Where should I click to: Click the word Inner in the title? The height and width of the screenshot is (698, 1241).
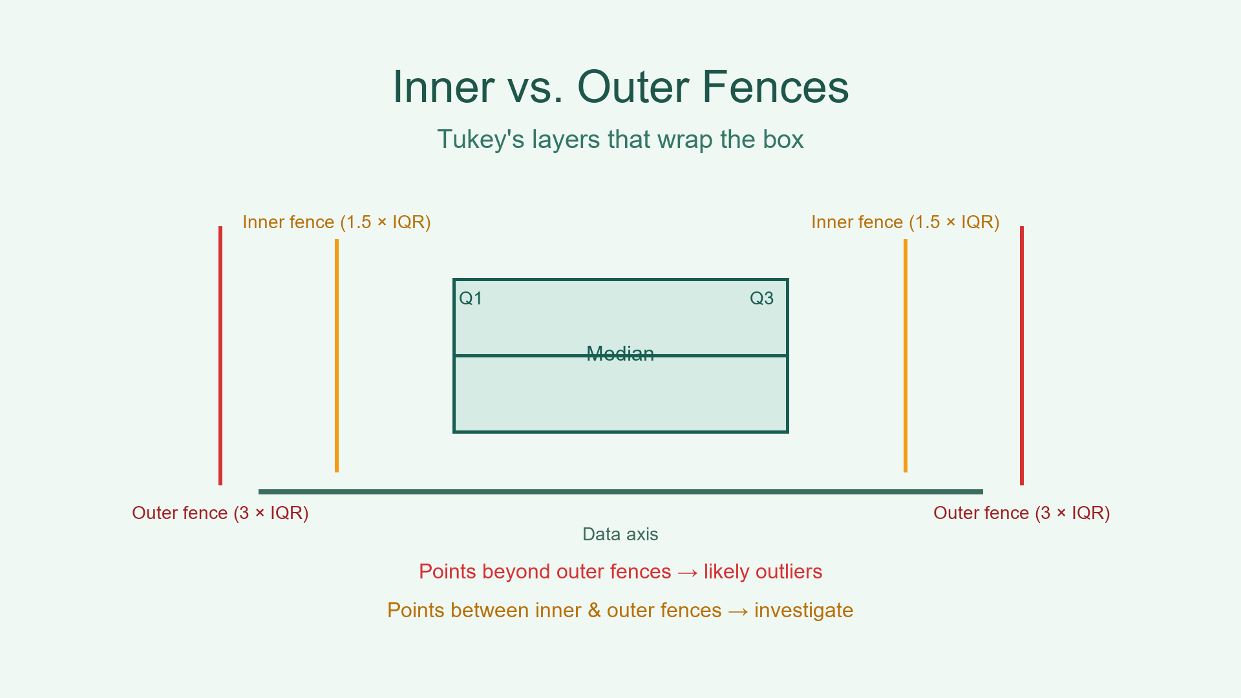(x=444, y=87)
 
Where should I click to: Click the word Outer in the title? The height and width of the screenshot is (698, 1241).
(x=632, y=87)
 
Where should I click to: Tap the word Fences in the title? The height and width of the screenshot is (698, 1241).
(x=775, y=87)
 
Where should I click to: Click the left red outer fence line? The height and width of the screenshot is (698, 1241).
(x=220, y=355)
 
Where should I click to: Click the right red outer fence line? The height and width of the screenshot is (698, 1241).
(x=1021, y=355)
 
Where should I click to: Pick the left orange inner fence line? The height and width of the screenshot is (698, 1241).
(x=337, y=355)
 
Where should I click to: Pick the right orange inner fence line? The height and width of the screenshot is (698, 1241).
(x=905, y=355)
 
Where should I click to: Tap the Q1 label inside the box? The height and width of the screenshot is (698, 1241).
(x=471, y=299)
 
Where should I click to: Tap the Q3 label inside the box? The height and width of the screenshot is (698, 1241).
(x=761, y=299)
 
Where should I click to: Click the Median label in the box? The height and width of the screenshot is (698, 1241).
(x=620, y=354)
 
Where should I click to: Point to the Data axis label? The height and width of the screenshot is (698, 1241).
(x=620, y=534)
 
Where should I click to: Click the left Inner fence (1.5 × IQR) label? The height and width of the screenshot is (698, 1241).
(x=336, y=222)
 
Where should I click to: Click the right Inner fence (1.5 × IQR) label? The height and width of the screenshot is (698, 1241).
(x=905, y=222)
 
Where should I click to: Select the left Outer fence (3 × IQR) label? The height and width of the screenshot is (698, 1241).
(x=220, y=513)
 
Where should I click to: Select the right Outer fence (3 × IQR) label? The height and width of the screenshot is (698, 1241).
(x=1021, y=513)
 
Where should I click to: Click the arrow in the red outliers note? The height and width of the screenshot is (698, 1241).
(x=687, y=573)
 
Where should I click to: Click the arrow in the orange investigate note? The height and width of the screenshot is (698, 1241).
(x=737, y=611)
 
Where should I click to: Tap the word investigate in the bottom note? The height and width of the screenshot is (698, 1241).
(x=803, y=611)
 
